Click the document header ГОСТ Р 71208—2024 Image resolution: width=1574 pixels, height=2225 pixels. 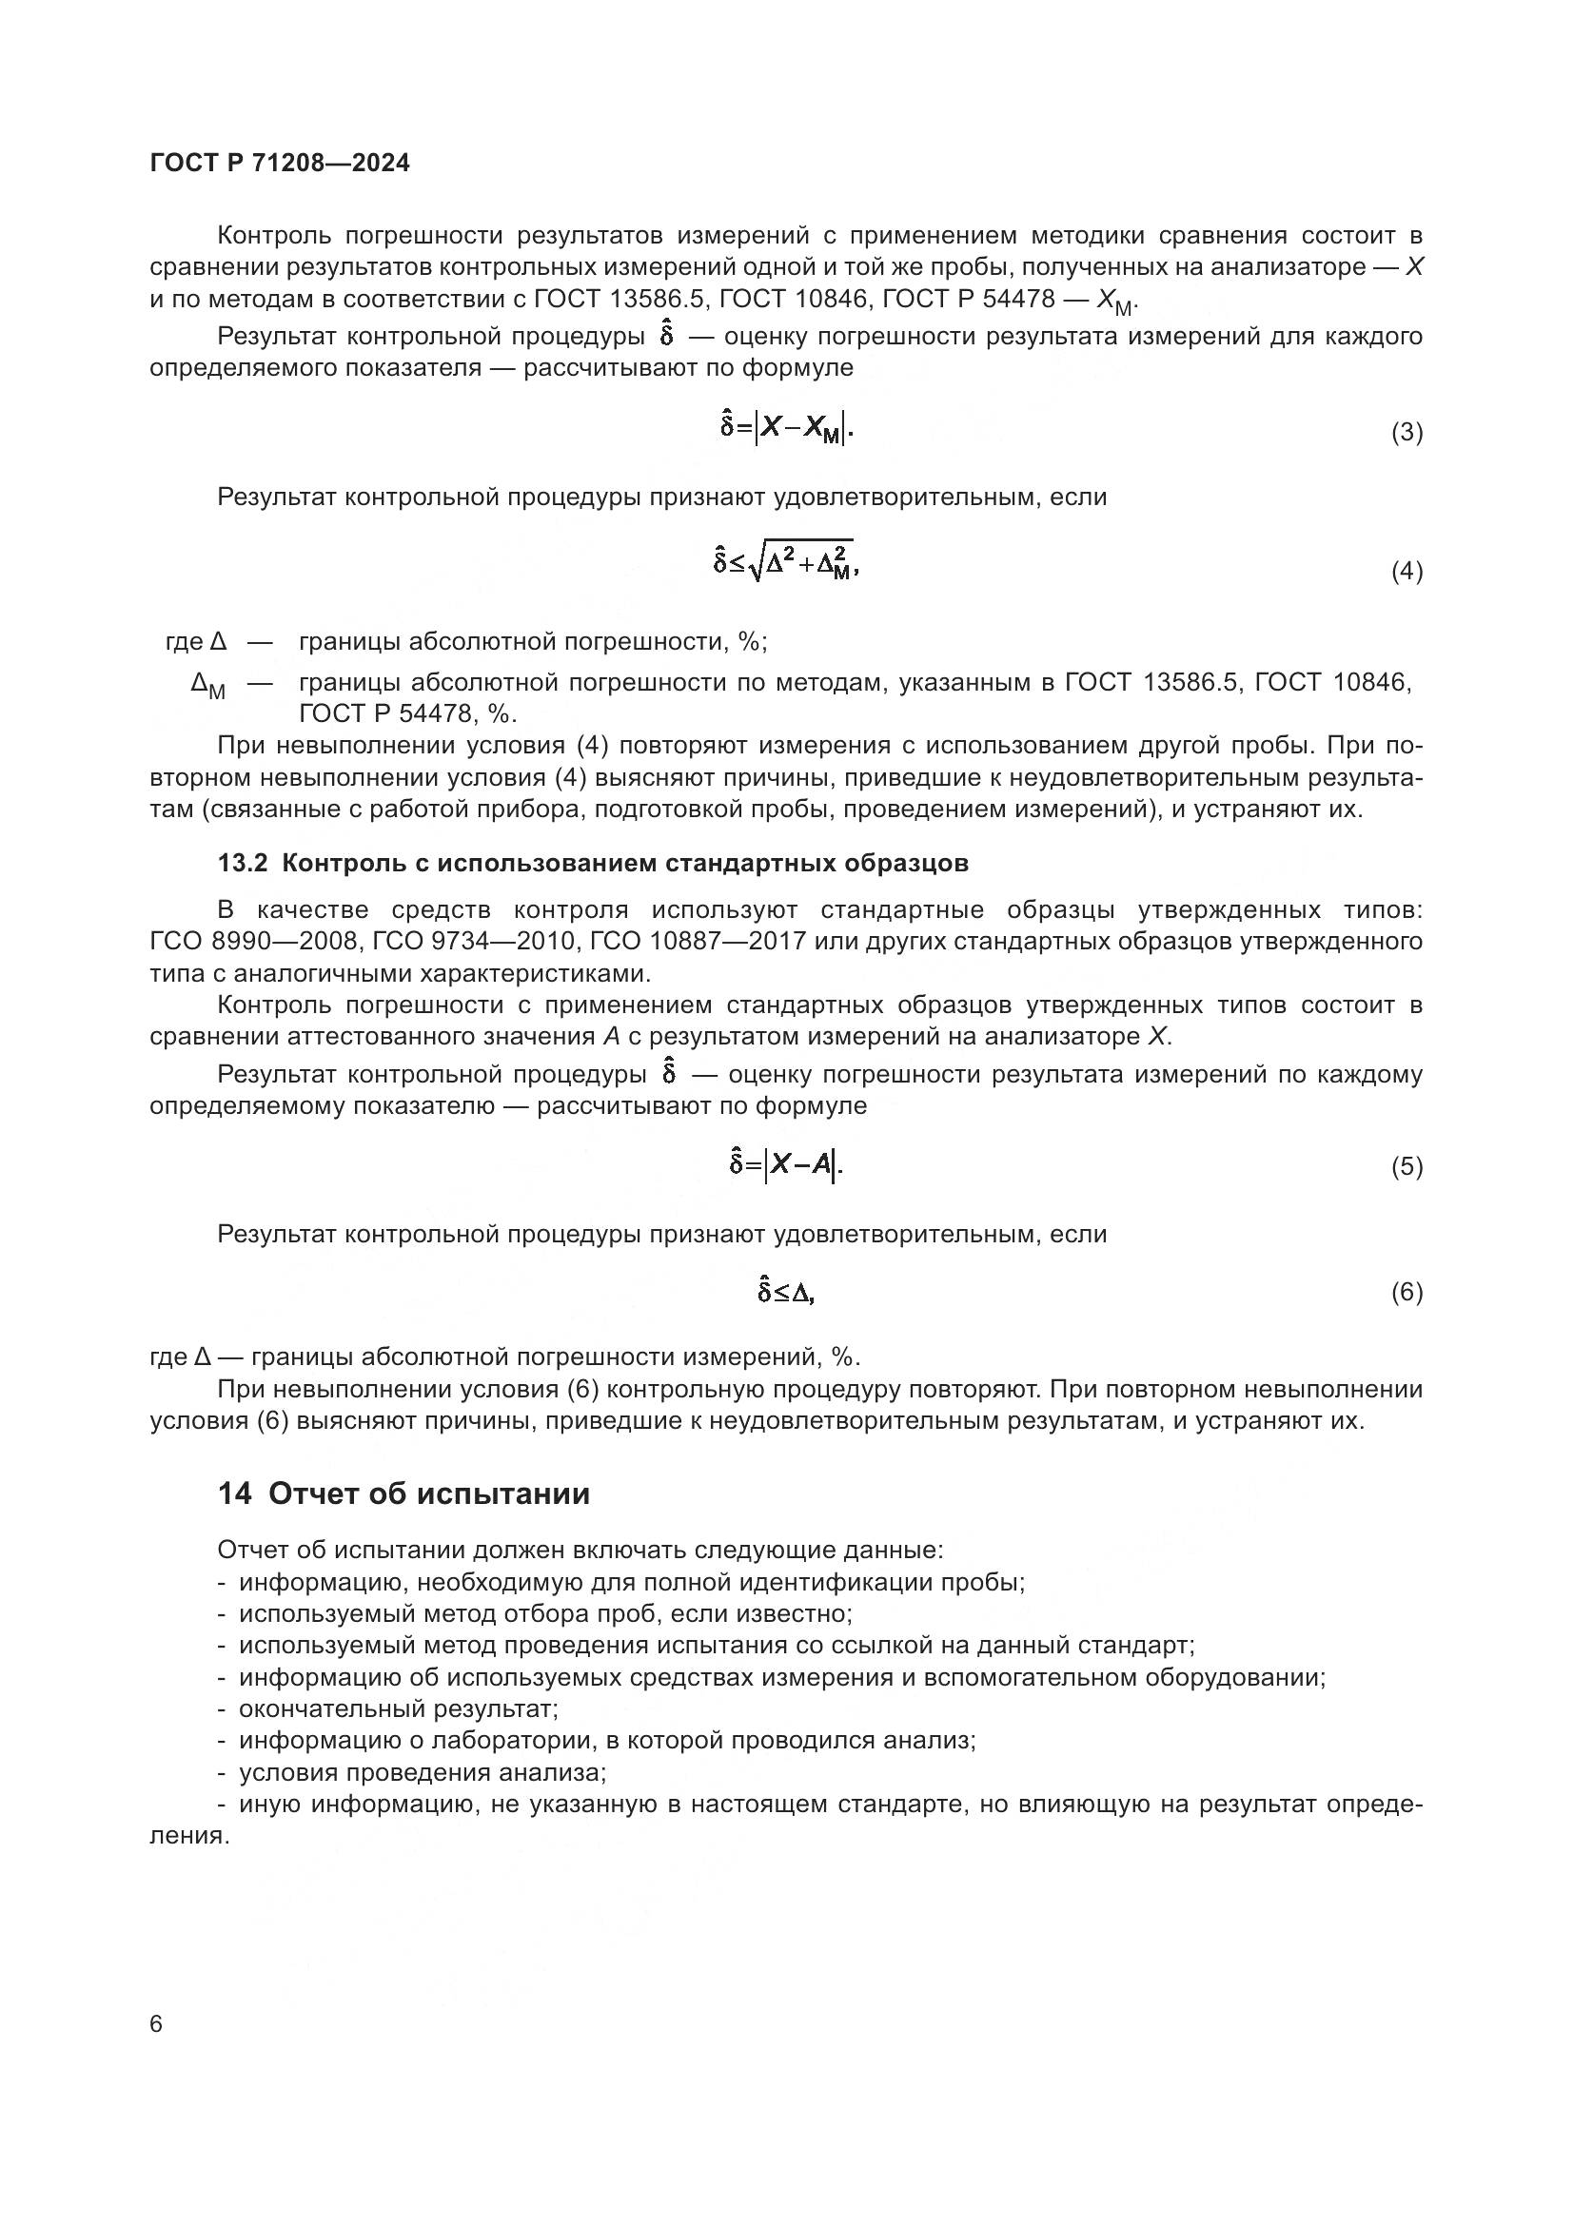pos(280,163)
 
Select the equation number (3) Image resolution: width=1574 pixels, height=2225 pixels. pos(1407,432)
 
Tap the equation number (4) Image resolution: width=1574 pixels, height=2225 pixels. pos(1407,572)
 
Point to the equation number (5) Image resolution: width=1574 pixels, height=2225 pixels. pos(1407,1167)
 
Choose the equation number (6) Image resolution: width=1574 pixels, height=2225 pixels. pos(1407,1293)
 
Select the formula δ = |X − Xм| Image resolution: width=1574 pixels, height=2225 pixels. pos(786,427)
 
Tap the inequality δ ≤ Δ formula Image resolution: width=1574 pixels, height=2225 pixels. pos(786,1292)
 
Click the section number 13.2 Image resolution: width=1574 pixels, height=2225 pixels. pos(243,864)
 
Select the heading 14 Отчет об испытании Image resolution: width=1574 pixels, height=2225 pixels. pos(403,1493)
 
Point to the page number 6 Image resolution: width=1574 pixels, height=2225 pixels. pos(157,2024)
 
